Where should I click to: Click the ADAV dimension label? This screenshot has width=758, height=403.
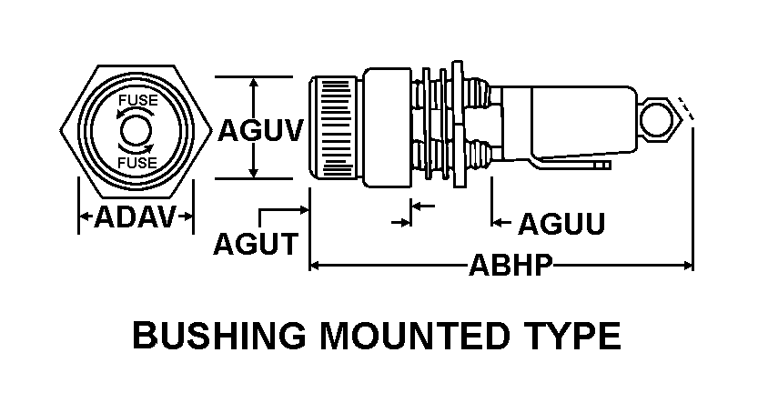pyautogui.click(x=135, y=217)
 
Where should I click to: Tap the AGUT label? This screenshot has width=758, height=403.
pyautogui.click(x=256, y=244)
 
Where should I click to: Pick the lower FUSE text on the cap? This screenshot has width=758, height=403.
pyautogui.click(x=135, y=163)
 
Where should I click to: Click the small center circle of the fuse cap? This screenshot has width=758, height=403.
pyautogui.click(x=135, y=128)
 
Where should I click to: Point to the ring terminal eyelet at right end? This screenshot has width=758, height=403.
pyautogui.click(x=658, y=119)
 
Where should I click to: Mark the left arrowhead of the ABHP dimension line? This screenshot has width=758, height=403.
pyautogui.click(x=315, y=266)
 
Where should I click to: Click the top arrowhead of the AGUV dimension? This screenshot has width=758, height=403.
pyautogui.click(x=255, y=83)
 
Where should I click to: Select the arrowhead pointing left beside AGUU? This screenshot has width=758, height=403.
pyautogui.click(x=498, y=222)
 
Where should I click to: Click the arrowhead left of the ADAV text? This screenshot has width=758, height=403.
pyautogui.click(x=85, y=217)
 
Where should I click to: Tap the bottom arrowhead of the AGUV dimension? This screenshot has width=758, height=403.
pyautogui.click(x=255, y=174)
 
